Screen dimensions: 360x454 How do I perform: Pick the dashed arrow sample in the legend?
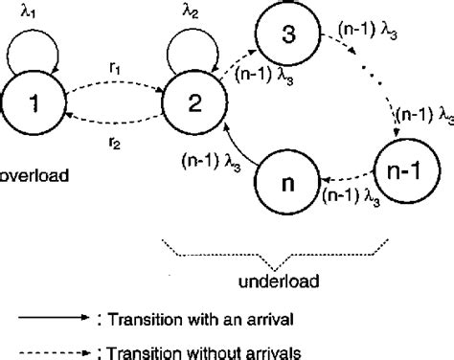[58, 349]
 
